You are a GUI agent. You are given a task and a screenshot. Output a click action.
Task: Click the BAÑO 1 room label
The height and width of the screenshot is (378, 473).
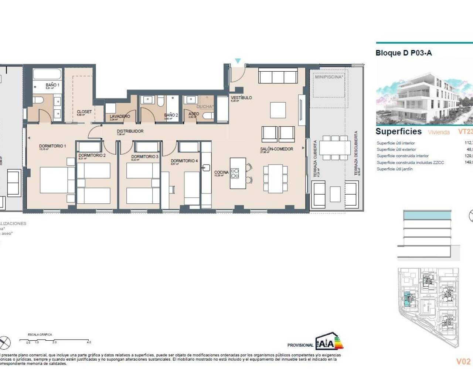pyautogui.click(x=52, y=85)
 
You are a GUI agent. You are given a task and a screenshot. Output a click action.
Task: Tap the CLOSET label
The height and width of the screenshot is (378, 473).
pyautogui.click(x=84, y=112)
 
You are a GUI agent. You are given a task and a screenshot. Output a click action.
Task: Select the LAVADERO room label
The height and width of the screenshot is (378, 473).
pyautogui.click(x=120, y=116)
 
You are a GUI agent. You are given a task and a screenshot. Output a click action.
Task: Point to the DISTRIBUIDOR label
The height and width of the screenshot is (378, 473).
pyautogui.click(x=130, y=131)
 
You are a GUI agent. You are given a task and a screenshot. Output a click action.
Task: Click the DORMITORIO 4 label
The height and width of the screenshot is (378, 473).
pyautogui.click(x=184, y=161)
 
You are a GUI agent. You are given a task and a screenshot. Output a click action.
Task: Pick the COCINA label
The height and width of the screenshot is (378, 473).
pyautogui.click(x=221, y=172)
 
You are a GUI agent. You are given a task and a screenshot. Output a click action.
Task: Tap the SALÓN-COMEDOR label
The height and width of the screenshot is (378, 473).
pyautogui.click(x=276, y=149)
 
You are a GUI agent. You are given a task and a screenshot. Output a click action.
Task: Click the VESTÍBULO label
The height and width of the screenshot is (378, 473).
pyautogui.click(x=241, y=98)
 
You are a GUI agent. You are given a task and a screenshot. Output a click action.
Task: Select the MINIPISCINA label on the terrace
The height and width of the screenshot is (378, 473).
pyautogui.click(x=329, y=77)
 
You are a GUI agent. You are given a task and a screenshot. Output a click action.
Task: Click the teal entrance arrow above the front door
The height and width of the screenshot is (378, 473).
pyautogui.click(x=238, y=61)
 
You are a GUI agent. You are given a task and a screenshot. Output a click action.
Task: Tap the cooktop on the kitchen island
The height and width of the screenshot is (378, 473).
pyautogui.click(x=235, y=173)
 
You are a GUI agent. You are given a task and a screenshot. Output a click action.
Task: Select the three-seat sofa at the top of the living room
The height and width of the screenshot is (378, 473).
pyautogui.click(x=278, y=77)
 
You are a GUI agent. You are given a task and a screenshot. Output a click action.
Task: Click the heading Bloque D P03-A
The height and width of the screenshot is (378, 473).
pyautogui.click(x=404, y=53)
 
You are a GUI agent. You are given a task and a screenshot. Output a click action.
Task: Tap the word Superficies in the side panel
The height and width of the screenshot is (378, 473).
pyautogui.click(x=398, y=131)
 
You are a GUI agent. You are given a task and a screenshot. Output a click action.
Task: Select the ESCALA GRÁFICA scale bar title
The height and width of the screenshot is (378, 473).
pyautogui.click(x=40, y=334)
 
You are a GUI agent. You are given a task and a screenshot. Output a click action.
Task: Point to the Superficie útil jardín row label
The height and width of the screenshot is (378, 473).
pyautogui.click(x=394, y=169)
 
